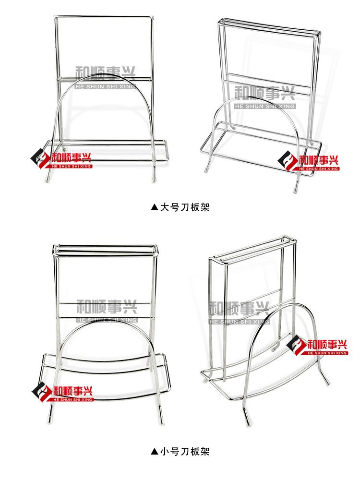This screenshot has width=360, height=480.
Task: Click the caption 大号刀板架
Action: pyautogui.click(x=184, y=207)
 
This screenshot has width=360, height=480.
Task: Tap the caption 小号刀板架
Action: pyautogui.click(x=184, y=451)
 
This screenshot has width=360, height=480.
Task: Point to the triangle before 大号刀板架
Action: pyautogui.click(x=154, y=207)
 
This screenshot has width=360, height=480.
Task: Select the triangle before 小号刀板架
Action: pyautogui.click(x=154, y=451)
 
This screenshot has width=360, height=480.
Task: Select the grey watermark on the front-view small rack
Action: pyautogui.click(x=107, y=310)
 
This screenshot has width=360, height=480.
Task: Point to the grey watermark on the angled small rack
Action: pyautogui.click(x=240, y=310)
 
